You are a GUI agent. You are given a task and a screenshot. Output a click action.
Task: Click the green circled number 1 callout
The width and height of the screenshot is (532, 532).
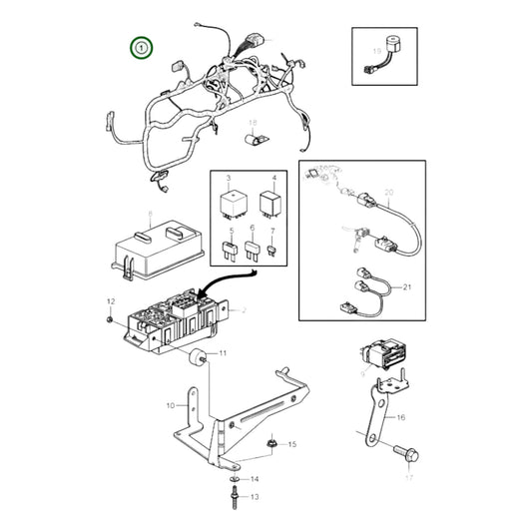142,47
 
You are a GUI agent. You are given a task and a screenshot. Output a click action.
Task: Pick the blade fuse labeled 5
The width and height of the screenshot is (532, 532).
231,251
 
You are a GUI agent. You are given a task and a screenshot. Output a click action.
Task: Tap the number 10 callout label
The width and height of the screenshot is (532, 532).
170,405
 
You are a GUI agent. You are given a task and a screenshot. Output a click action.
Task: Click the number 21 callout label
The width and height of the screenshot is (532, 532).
407,286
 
